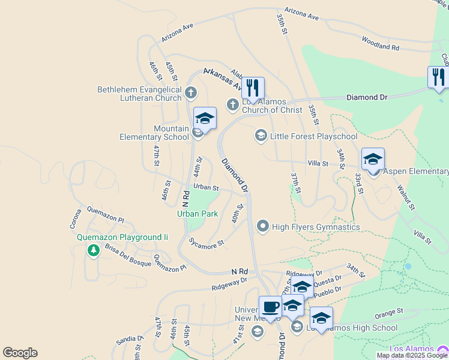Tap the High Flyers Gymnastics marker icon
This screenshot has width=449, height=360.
point(262,226)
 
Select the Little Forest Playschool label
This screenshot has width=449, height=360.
point(313,136)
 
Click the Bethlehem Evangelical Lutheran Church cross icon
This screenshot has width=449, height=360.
point(191,92)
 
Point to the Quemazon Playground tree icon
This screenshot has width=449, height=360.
point(93,250)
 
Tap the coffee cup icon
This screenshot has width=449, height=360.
point(271,307)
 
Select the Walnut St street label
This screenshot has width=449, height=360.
point(406,197)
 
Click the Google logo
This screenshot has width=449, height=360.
point(20,353)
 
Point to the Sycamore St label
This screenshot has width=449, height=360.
point(206,243)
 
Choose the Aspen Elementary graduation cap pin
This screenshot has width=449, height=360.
point(373,160)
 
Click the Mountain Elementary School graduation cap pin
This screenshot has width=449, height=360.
point(205,118)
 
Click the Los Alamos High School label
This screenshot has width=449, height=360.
point(352,328)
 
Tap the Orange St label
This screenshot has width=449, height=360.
point(389,313)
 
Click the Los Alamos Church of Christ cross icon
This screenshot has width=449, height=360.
point(233,105)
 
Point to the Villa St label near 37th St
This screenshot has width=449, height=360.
point(318,163)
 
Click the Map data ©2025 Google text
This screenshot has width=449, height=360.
point(412,355)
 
